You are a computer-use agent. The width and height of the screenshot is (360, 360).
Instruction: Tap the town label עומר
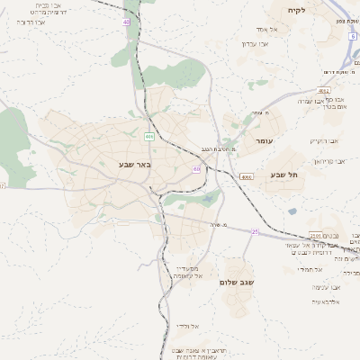[264, 141]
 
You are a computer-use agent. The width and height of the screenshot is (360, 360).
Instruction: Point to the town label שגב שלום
[238, 283]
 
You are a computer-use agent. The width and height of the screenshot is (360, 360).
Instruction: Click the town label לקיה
[296, 10]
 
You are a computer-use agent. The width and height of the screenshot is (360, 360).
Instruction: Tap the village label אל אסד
[267, 30]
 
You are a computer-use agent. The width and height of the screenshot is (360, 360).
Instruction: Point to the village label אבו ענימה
[324, 286]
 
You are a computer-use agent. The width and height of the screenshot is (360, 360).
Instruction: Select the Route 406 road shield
[148, 136]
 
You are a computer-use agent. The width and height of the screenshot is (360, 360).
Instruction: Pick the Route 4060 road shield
[247, 177]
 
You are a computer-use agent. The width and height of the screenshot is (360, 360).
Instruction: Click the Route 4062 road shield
[324, 91]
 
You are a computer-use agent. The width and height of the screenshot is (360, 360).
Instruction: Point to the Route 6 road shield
[353, 36]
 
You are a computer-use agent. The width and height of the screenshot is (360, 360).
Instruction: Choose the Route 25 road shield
[255, 231]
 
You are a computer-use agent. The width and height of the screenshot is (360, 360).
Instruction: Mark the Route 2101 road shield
[316, 236]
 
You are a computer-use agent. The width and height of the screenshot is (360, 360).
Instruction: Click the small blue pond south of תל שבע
[292, 211]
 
